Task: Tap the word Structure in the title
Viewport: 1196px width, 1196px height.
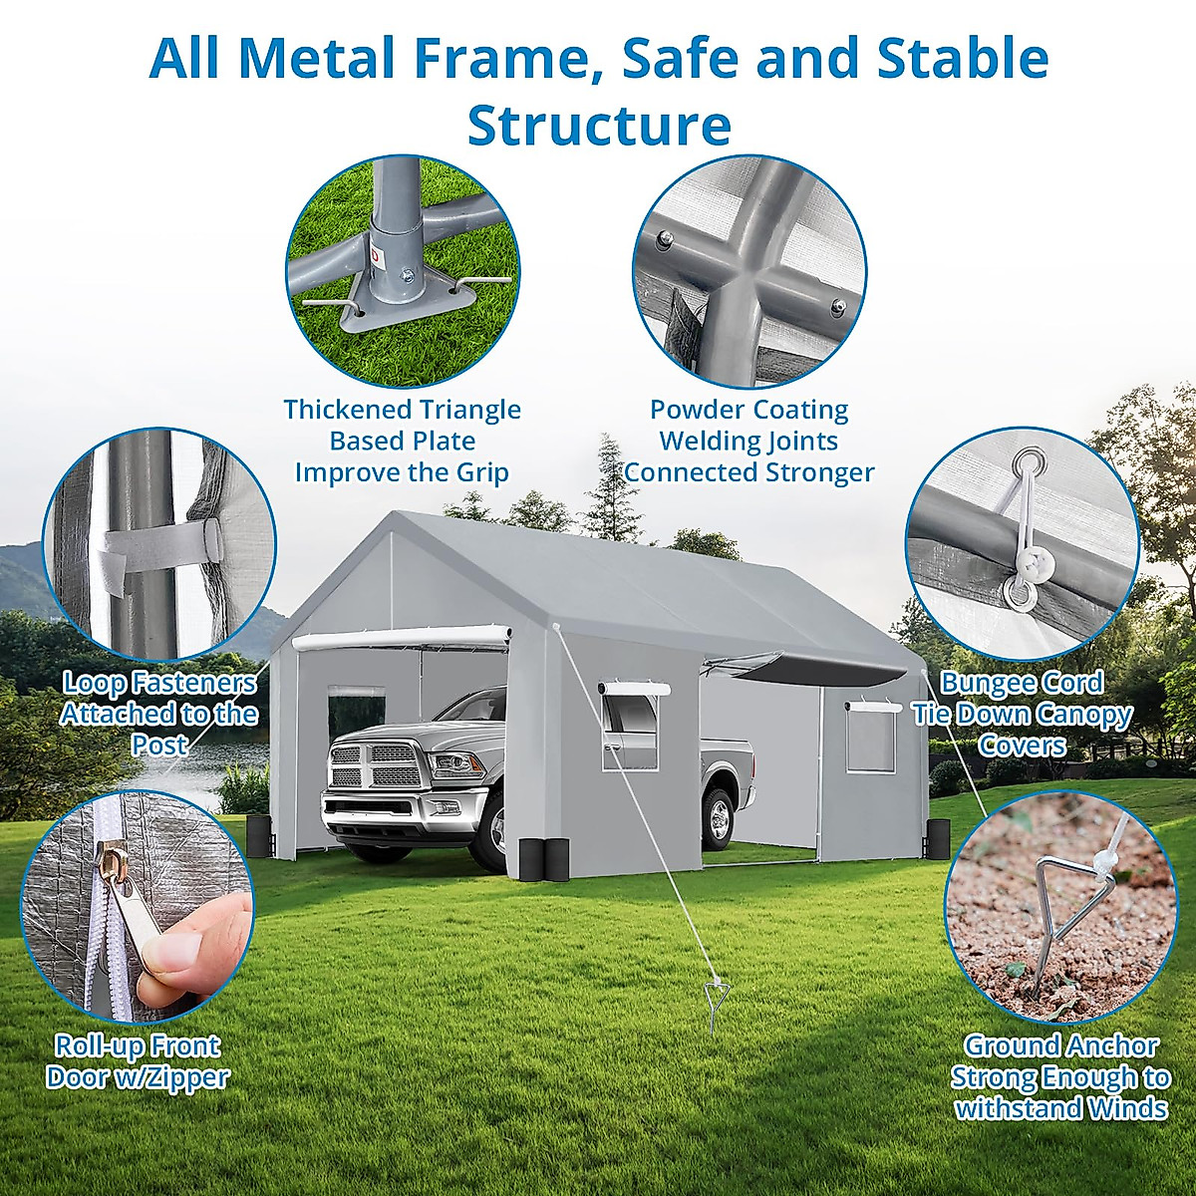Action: [x=599, y=126]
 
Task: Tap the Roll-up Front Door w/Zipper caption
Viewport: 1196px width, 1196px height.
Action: [x=138, y=1060]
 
